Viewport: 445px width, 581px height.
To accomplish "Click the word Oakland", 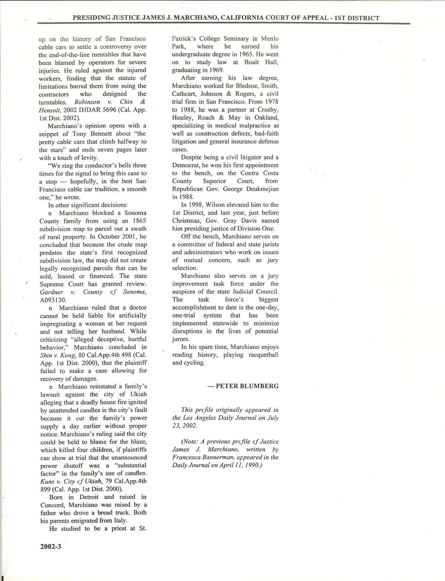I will pos(266,118).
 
